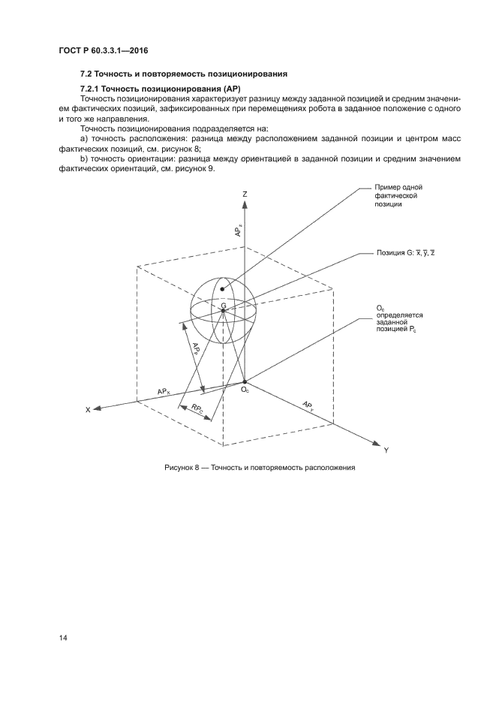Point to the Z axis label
[245, 194]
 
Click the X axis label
[87, 410]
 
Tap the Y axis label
[386, 450]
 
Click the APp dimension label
[197, 351]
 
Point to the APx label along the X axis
[164, 391]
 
